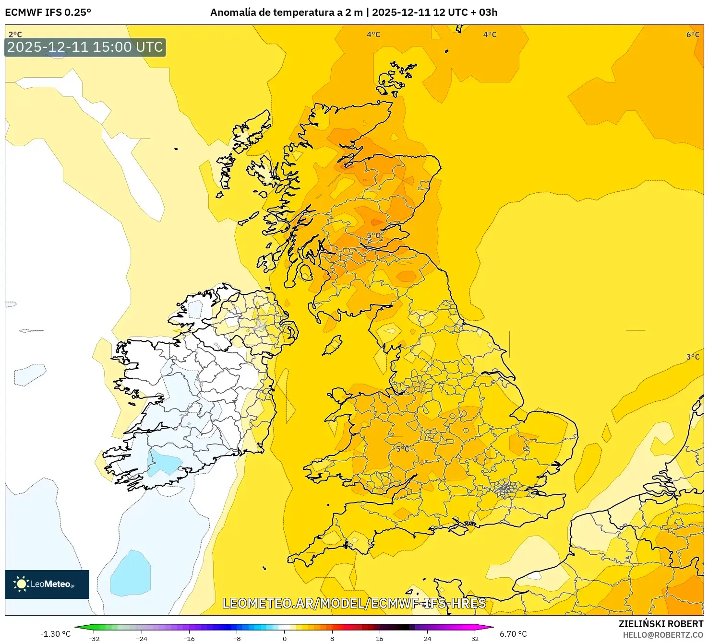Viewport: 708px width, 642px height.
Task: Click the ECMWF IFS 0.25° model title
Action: click(x=48, y=12)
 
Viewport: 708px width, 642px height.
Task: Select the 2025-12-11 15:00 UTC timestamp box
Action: click(x=85, y=47)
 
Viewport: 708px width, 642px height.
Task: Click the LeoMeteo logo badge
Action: click(x=47, y=584)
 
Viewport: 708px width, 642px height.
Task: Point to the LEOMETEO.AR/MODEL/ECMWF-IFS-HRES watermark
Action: click(x=354, y=603)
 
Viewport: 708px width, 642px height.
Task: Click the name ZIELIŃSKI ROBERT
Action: click(x=660, y=624)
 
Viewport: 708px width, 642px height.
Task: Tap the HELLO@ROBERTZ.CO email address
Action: click(x=663, y=635)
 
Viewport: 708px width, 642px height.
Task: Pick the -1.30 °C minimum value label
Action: click(x=55, y=634)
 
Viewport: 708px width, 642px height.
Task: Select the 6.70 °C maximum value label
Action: click(x=513, y=634)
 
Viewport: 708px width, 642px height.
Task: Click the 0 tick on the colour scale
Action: click(x=285, y=639)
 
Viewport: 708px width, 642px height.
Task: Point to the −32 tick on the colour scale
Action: click(x=94, y=639)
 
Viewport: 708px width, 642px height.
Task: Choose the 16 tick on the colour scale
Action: click(x=380, y=639)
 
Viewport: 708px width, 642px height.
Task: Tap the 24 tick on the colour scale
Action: click(x=427, y=639)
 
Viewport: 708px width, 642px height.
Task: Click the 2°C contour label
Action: click(x=15, y=35)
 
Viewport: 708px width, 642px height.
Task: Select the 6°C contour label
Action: click(x=693, y=35)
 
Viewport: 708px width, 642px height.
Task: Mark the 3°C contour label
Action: click(x=693, y=357)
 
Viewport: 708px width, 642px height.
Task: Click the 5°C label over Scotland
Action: click(x=374, y=235)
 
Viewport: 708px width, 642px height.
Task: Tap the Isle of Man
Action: click(x=333, y=344)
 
